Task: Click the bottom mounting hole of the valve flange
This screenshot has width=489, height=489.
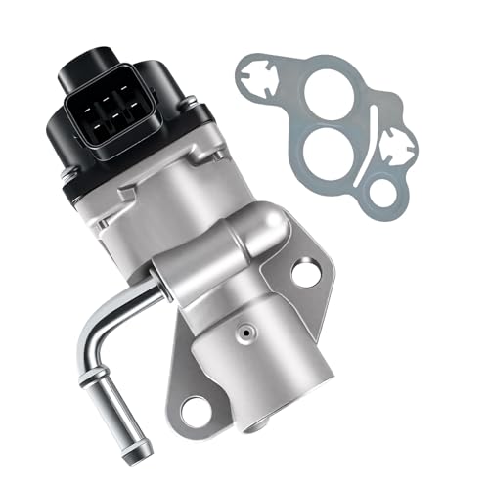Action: pyautogui.click(x=198, y=412)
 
